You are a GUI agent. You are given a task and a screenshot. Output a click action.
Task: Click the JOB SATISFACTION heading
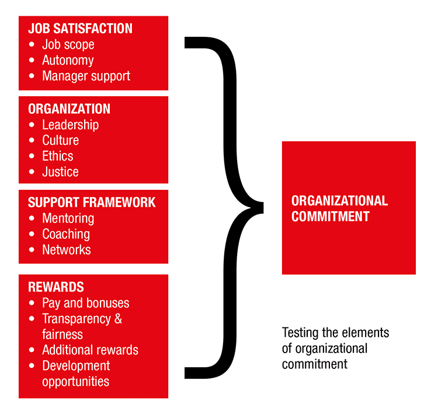pyautogui.click(x=80, y=29)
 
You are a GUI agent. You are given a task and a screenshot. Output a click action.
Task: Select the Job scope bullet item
pyautogui.click(x=68, y=45)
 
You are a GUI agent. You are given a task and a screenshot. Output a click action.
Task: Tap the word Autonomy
pyautogui.click(x=68, y=61)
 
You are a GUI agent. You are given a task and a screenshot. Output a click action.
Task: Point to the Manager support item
pyautogui.click(x=86, y=76)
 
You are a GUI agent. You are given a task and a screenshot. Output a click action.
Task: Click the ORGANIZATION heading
pyautogui.click(x=69, y=109)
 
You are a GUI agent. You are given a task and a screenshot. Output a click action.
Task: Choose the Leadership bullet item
pyautogui.click(x=71, y=125)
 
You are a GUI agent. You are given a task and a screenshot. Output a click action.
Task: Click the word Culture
pyautogui.click(x=60, y=140)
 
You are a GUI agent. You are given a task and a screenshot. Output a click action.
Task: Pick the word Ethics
pyautogui.click(x=58, y=156)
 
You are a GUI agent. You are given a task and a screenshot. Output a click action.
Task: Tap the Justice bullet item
pyautogui.click(x=60, y=172)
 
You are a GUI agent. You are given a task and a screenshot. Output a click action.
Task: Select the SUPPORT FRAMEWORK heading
pyautogui.click(x=92, y=202)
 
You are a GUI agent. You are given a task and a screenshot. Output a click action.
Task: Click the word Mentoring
pyautogui.click(x=68, y=218)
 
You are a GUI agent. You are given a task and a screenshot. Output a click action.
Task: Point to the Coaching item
pyautogui.click(x=66, y=234)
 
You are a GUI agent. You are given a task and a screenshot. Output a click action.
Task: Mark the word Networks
pyautogui.click(x=67, y=250)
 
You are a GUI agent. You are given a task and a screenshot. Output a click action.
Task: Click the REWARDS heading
pyautogui.click(x=56, y=287)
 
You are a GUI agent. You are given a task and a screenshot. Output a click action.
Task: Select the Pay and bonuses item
pyautogui.click(x=86, y=303)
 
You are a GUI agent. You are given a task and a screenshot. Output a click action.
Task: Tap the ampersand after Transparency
pyautogui.click(x=118, y=319)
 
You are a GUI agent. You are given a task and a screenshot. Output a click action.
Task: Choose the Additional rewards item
pyautogui.click(x=90, y=350)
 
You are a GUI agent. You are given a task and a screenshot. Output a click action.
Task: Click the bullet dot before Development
pyautogui.click(x=32, y=365)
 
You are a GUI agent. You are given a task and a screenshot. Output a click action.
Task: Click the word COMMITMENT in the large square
pyautogui.click(x=331, y=217)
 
